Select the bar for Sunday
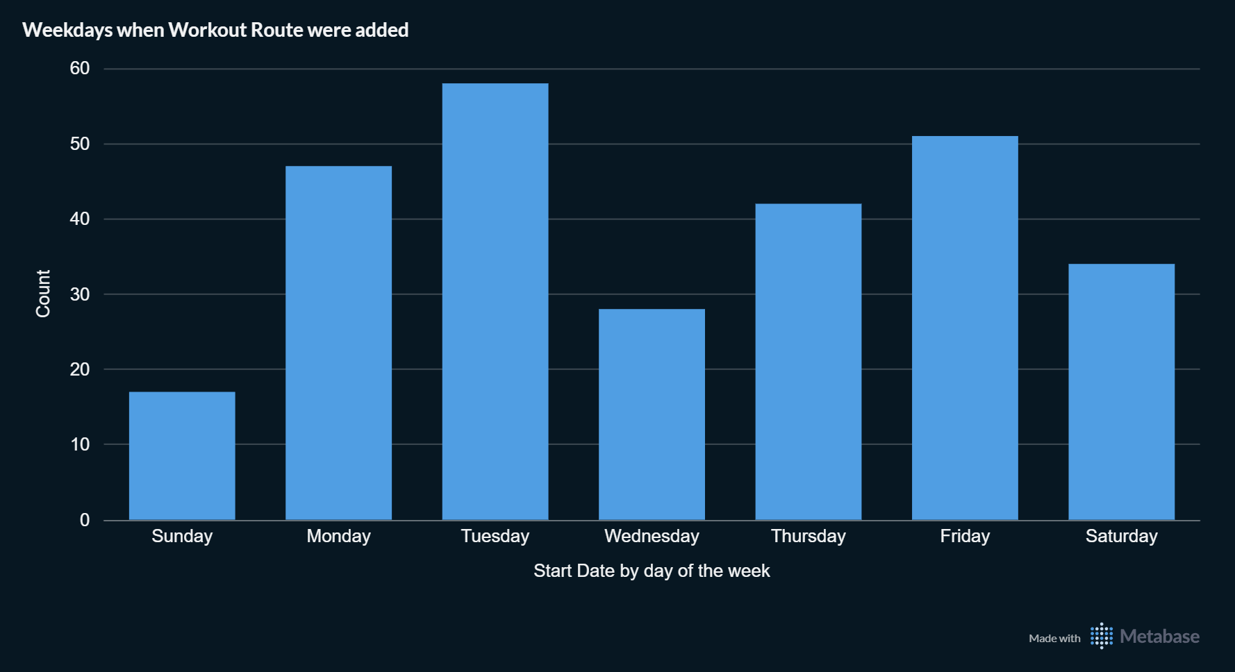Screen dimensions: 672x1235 182,455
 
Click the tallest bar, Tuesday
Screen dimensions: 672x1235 495,301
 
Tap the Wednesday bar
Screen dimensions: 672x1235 652,414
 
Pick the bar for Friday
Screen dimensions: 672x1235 965,328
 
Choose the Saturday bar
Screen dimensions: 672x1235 1121,392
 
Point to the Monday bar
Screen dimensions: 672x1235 338,343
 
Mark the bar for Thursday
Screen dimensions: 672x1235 809,361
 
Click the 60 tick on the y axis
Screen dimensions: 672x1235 80,68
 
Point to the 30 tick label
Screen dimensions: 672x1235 80,294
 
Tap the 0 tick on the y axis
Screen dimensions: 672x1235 85,520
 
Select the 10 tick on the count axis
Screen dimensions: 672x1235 80,444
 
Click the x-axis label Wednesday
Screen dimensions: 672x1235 652,536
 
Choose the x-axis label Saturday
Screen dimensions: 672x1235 1121,536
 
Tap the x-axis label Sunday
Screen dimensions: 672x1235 182,536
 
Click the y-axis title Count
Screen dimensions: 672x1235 43,294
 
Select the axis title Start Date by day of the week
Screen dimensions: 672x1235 652,571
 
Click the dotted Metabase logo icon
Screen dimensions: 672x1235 1101,636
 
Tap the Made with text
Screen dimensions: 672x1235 1054,638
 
